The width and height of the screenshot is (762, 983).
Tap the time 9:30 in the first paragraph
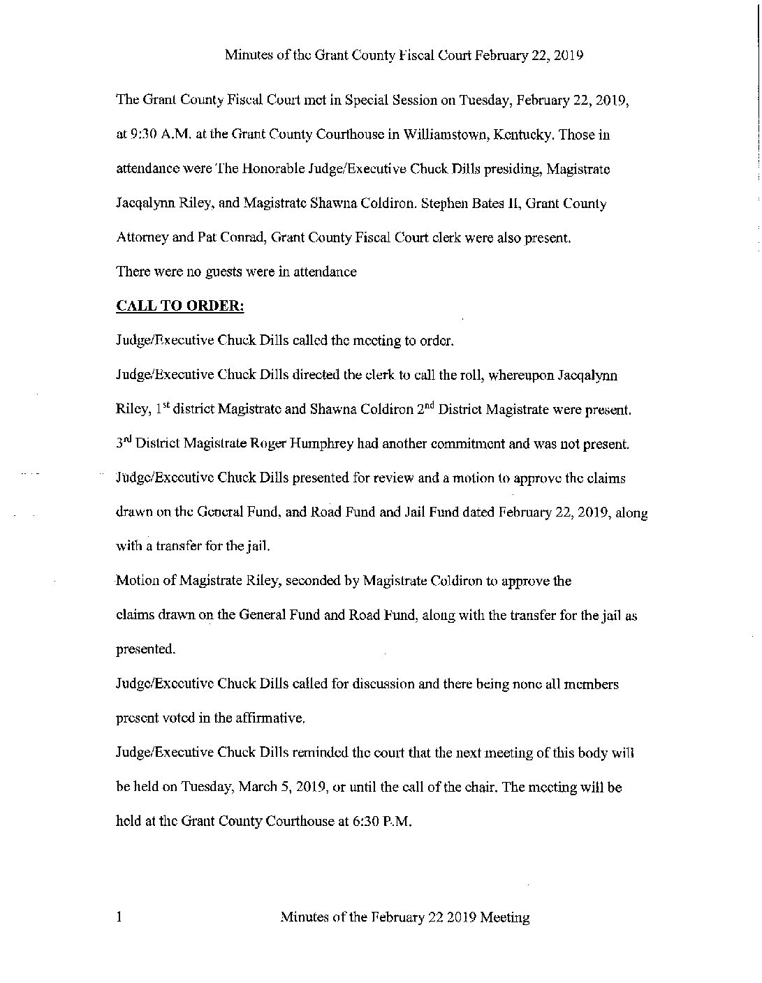143,135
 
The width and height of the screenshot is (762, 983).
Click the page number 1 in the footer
119,917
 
